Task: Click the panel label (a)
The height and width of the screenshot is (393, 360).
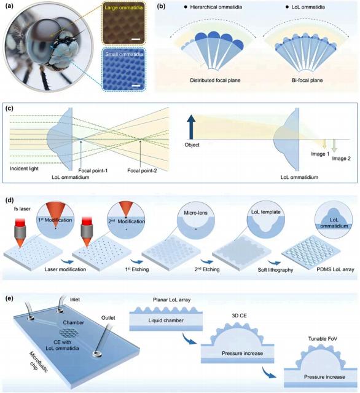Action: (x=9, y=7)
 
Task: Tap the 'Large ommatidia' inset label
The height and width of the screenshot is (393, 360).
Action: (x=123, y=7)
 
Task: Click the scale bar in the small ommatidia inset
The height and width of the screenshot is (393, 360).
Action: (x=135, y=86)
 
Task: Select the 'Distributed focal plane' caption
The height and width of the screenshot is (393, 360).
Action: (x=215, y=80)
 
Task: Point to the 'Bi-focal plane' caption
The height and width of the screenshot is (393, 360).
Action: (x=307, y=80)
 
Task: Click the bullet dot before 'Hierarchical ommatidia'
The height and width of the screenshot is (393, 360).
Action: (x=186, y=7)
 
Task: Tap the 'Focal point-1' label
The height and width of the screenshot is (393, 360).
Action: (x=93, y=171)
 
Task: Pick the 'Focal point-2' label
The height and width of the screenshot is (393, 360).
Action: (x=142, y=171)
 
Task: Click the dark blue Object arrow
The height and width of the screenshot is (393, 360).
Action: (x=191, y=127)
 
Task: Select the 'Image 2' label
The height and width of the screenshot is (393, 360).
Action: (x=341, y=159)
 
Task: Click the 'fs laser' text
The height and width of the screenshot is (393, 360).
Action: (x=22, y=208)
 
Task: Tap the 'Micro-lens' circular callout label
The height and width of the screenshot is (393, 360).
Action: (x=195, y=213)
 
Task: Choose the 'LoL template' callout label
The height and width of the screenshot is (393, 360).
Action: (x=265, y=212)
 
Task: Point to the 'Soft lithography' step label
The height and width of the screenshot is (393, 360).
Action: (x=275, y=270)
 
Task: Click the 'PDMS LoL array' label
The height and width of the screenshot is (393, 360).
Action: (x=335, y=269)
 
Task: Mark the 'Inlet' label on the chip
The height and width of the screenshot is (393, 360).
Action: (x=75, y=300)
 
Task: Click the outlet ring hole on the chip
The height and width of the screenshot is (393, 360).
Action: (x=97, y=354)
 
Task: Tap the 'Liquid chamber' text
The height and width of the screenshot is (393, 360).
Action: (x=166, y=320)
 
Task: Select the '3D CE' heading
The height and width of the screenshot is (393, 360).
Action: (x=240, y=316)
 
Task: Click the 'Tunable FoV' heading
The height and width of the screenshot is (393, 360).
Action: (x=323, y=339)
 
